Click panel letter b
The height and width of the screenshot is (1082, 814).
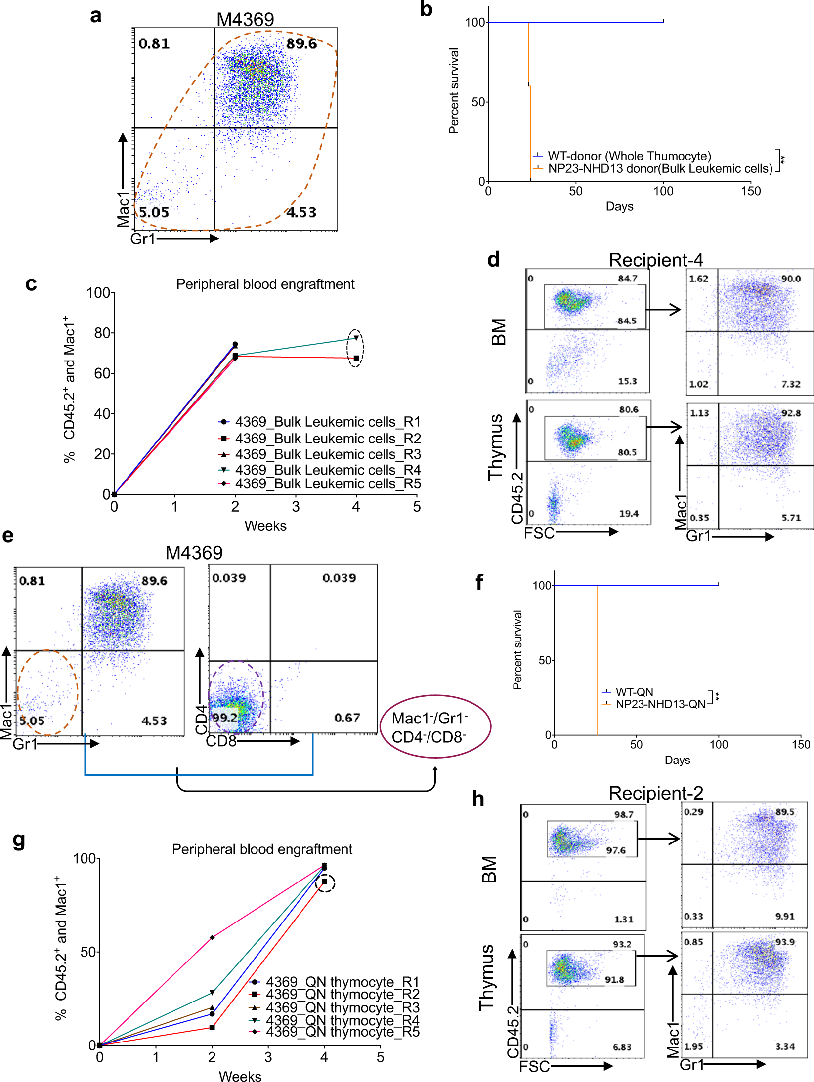pos(426,10)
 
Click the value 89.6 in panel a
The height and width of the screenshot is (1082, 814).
pos(301,44)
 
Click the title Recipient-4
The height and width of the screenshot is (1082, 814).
pos(655,260)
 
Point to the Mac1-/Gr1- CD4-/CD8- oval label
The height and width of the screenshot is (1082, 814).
pos(435,727)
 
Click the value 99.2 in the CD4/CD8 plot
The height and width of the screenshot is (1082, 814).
pos(224,718)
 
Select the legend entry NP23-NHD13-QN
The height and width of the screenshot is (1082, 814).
pos(660,704)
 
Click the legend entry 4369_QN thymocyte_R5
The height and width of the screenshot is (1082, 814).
pos(342,1032)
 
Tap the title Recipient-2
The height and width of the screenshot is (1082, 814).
pos(655,793)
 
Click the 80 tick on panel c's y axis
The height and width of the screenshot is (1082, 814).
pos(102,333)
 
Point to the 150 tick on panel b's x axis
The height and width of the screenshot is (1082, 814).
pos(751,191)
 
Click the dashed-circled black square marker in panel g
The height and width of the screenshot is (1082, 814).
pos(324,882)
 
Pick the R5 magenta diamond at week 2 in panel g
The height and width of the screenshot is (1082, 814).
pos(212,937)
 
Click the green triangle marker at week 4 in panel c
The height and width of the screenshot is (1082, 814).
pos(356,338)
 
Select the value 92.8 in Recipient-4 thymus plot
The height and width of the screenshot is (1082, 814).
pos(791,413)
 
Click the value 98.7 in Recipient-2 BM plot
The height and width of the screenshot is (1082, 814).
pos(623,814)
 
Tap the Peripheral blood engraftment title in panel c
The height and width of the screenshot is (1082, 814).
pos(265,284)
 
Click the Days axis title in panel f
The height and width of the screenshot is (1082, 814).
pos(677,760)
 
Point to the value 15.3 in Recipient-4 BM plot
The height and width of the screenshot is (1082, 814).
pos(627,381)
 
